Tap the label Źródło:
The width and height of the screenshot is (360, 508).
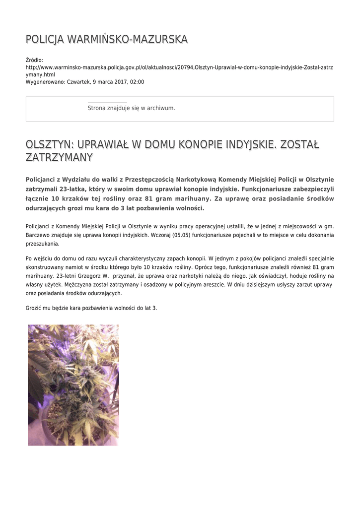click(x=35, y=60)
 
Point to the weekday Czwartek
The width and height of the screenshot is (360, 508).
click(x=78, y=81)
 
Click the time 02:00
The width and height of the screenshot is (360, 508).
click(x=138, y=81)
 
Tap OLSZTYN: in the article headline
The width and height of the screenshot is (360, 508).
click(x=49, y=144)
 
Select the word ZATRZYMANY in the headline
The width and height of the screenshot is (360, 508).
click(x=59, y=158)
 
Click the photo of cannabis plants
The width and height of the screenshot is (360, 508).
click(x=73, y=385)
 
